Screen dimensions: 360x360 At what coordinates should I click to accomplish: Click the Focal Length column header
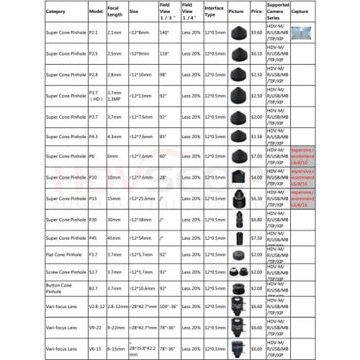point(114,12)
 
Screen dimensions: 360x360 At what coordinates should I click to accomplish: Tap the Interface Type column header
point(215,12)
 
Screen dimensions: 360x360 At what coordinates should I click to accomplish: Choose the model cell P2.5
point(95,53)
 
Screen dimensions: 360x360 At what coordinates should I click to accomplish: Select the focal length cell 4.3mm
point(114,136)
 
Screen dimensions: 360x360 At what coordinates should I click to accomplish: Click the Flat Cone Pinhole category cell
point(66,254)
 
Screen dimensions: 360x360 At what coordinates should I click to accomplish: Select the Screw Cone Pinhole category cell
point(66,271)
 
